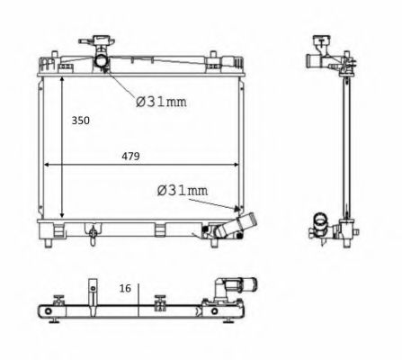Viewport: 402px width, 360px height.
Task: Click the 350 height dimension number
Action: click(80, 121)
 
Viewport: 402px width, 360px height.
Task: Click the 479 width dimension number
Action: click(130, 157)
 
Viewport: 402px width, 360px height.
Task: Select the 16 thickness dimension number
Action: click(125, 289)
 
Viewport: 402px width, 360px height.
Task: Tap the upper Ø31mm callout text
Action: click(161, 102)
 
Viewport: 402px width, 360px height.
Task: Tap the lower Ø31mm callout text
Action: click(183, 191)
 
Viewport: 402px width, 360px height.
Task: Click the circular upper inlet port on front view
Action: click(101, 61)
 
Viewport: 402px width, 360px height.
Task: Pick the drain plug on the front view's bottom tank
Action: click(93, 234)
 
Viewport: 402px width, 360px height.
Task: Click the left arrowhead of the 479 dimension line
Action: click(46, 165)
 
